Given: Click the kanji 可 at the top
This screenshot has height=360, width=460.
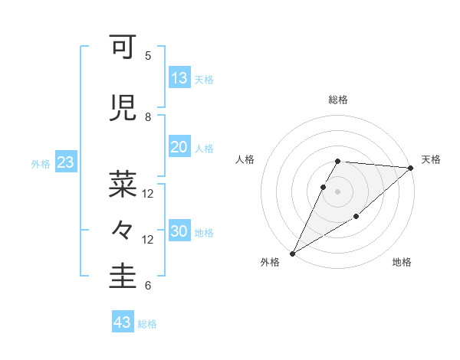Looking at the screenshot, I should (x=123, y=49).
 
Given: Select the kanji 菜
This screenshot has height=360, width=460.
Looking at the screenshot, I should (x=123, y=184).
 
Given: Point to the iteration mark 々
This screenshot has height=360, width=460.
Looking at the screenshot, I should (x=123, y=229).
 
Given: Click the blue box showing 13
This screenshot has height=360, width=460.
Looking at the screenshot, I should (x=179, y=78).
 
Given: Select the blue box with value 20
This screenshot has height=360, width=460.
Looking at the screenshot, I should (x=179, y=147).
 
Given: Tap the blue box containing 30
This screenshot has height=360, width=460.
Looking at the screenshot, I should (x=179, y=231).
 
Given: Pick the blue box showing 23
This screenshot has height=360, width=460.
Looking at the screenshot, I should (x=65, y=162).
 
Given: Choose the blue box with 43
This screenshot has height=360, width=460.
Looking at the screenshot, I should (x=123, y=322).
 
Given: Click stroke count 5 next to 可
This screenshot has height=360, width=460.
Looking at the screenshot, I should (x=148, y=56).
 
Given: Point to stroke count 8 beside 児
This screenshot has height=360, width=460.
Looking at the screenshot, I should (x=148, y=117).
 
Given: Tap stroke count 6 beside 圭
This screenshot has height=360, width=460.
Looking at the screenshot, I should (x=148, y=286).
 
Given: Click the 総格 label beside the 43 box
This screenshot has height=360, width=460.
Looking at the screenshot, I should (x=148, y=324).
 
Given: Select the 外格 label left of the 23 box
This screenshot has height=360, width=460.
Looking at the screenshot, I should (x=41, y=164).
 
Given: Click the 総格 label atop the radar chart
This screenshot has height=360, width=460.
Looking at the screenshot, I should (x=338, y=100).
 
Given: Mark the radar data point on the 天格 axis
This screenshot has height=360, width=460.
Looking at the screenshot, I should (x=411, y=168).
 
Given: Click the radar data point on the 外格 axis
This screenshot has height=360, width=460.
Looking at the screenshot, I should (x=292, y=253).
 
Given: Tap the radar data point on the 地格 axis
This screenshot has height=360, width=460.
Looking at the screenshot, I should (x=356, y=218).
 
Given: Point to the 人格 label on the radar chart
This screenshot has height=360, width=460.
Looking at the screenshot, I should (x=245, y=159).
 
